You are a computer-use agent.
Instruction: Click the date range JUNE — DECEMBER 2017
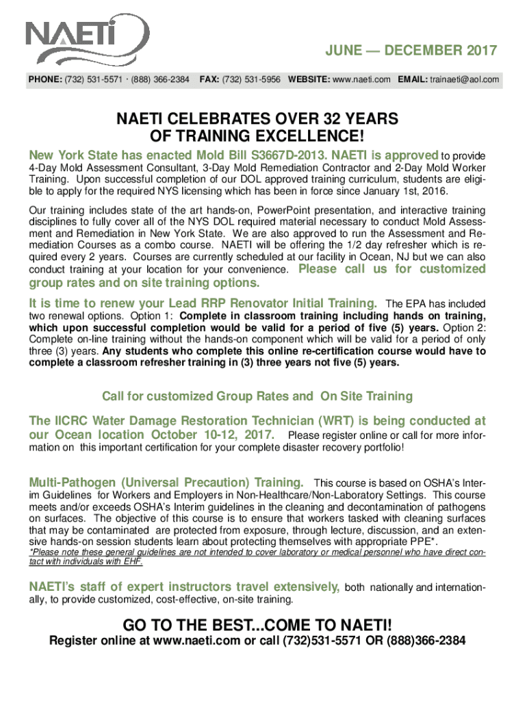click(x=411, y=51)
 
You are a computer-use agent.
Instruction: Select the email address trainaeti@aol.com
click(x=463, y=80)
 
